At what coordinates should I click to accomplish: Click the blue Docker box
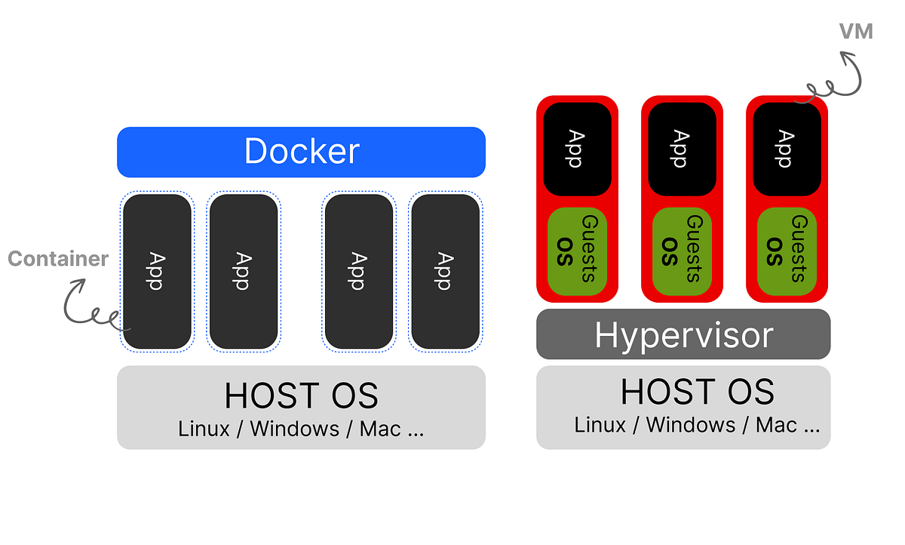click(301, 152)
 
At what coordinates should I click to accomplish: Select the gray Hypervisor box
click(683, 334)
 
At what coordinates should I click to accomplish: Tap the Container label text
click(58, 259)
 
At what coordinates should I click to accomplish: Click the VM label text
click(856, 32)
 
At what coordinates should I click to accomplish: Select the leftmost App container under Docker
click(157, 272)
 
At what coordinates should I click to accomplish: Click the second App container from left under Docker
click(243, 272)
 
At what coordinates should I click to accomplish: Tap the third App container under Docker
click(358, 272)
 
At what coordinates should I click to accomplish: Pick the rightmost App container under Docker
click(445, 272)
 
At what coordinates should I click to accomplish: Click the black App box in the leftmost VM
click(577, 149)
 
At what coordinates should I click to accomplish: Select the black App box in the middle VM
click(682, 149)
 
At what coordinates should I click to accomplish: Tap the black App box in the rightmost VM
click(787, 149)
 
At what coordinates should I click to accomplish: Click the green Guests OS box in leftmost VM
click(577, 251)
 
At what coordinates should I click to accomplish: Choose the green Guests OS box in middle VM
click(682, 251)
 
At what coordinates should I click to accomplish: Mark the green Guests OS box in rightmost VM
click(787, 251)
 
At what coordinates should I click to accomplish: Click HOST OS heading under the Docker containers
click(301, 396)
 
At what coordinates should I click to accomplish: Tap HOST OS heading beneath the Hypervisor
click(697, 392)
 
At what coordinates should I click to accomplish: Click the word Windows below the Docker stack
click(294, 429)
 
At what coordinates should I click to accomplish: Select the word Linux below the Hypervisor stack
click(600, 425)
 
